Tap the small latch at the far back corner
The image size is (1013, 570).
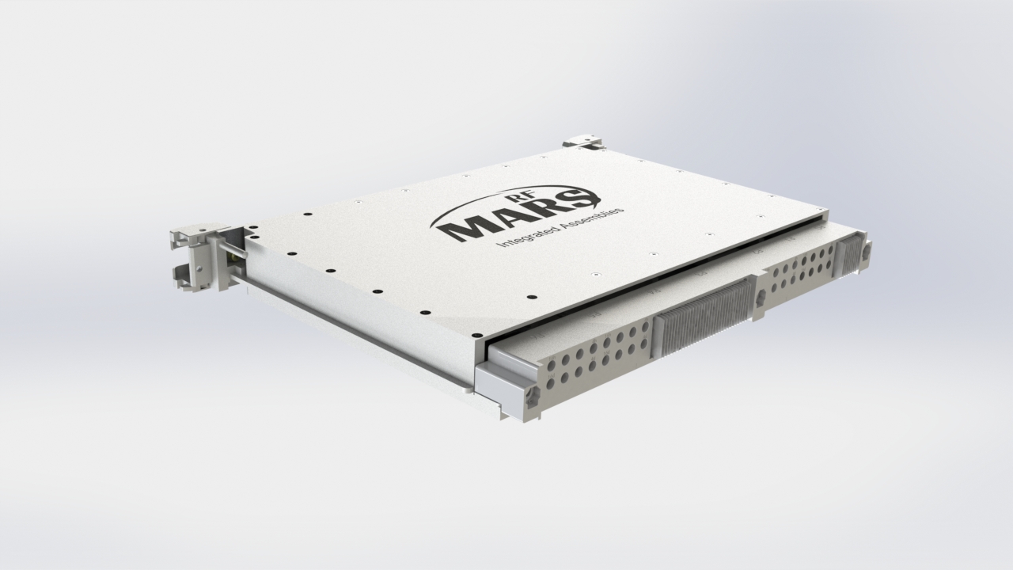[583, 142]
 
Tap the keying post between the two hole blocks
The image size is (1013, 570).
[761, 298]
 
